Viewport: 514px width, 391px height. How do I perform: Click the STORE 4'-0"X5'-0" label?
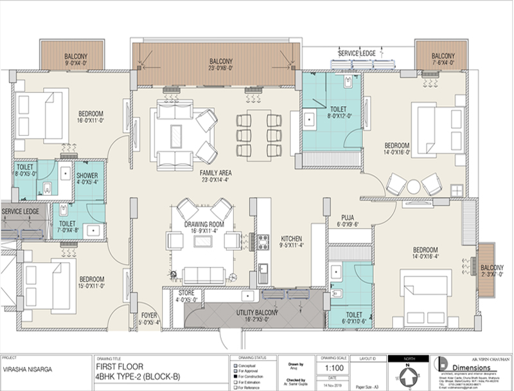[188, 296]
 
